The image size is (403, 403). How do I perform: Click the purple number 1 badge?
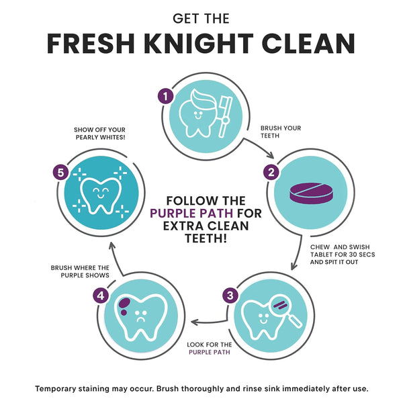(x=165, y=96)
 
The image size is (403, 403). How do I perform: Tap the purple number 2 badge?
(x=271, y=172)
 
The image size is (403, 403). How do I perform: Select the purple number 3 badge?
(x=230, y=296)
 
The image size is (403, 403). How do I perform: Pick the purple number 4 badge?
(x=101, y=296)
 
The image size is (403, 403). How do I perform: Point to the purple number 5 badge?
(x=60, y=173)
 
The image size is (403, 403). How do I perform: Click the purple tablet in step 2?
(x=311, y=193)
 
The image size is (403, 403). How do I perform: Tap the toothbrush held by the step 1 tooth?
(x=226, y=116)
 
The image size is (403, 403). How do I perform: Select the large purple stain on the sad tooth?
(x=124, y=302)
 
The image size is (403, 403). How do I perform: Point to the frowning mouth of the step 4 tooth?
(x=140, y=320)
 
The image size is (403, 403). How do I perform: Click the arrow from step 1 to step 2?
(x=260, y=146)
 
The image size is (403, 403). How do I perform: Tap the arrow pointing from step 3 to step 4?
(x=210, y=322)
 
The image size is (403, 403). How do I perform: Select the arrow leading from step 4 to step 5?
(x=115, y=258)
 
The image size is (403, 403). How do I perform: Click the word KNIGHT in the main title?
(x=199, y=44)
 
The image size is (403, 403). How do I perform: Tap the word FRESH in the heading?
(x=91, y=44)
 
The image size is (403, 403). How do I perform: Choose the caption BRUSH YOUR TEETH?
(x=281, y=132)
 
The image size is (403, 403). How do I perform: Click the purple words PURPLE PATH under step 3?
(x=210, y=352)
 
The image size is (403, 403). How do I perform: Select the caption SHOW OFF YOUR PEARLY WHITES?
(x=99, y=134)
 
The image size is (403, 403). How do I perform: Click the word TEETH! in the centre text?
(x=206, y=238)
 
